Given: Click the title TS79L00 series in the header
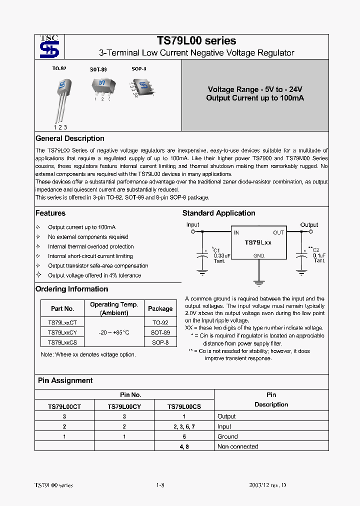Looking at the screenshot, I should tap(196, 41).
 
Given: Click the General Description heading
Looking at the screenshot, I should tap(70, 138).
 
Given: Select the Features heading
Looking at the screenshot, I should tap(50, 213).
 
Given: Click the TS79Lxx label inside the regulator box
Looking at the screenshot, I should tap(257, 242).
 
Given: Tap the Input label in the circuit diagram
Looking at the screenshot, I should tap(192, 225).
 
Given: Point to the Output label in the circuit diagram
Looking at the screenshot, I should tap(309, 225).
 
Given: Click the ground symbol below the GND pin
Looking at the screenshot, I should tap(258, 282).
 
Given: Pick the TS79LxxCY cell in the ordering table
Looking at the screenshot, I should tap(62, 332).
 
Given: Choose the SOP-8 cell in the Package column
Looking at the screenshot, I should tap(160, 342).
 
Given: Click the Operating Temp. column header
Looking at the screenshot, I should tap(114, 308).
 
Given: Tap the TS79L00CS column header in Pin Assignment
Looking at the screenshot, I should tap(184, 407).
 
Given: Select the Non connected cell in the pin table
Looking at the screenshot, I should tap(238, 446).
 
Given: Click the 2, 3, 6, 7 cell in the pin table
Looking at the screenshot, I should tap(184, 426).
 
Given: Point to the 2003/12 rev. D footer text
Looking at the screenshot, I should tap(268, 485).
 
